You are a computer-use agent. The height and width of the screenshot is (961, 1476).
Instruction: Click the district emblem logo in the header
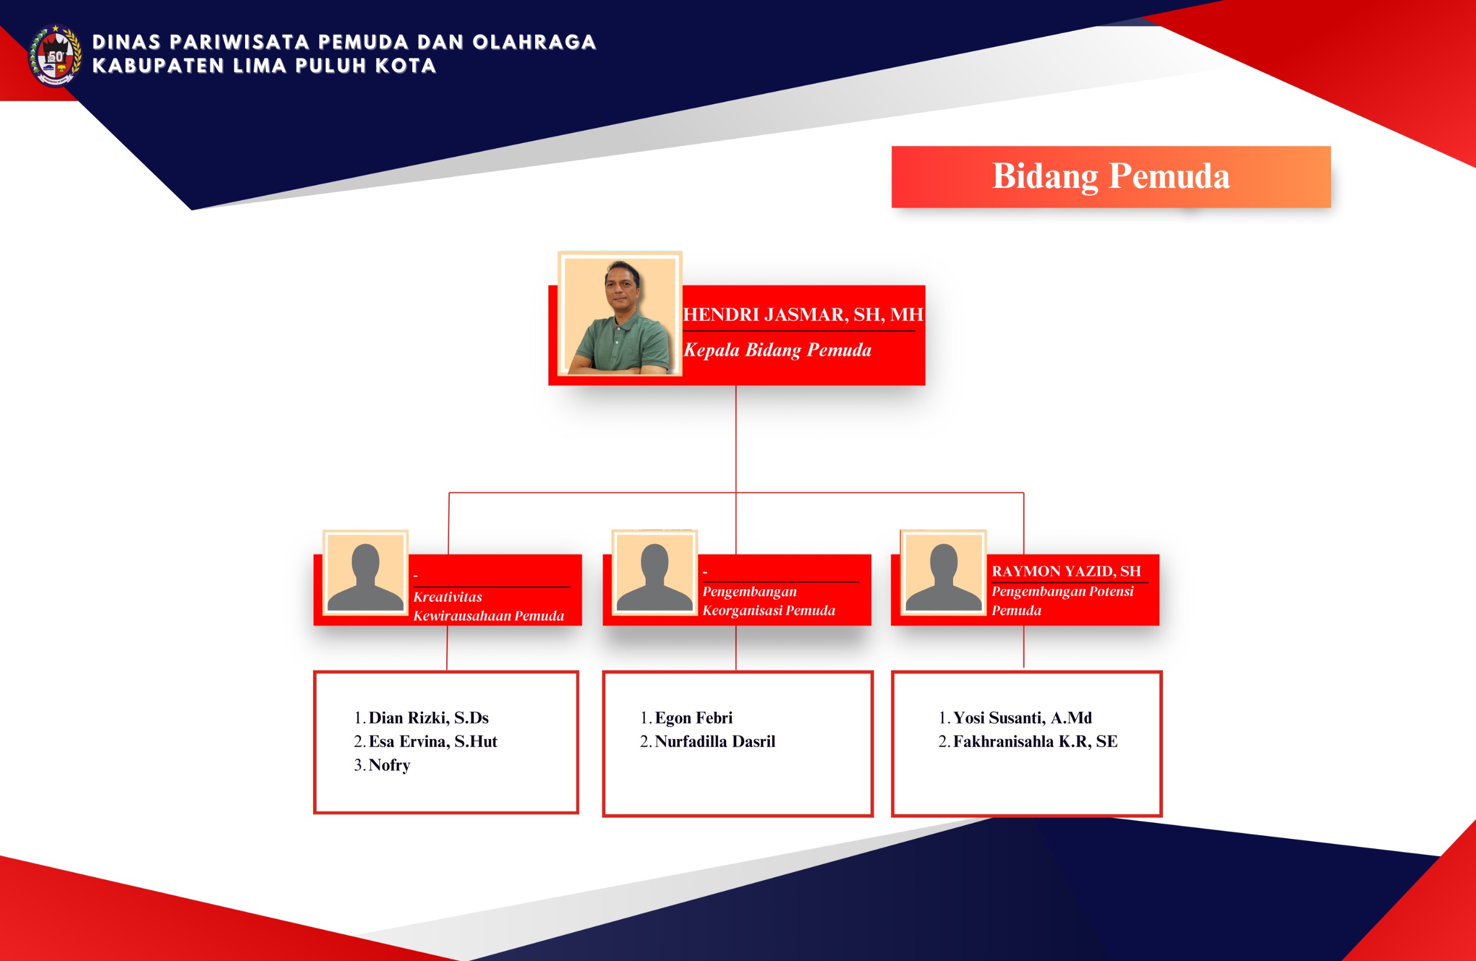click(55, 55)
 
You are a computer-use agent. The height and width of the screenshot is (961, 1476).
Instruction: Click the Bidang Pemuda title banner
click(1110, 177)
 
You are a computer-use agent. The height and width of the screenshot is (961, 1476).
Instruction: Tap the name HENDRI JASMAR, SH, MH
click(803, 314)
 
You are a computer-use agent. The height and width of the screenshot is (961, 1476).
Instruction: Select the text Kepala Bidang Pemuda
click(777, 350)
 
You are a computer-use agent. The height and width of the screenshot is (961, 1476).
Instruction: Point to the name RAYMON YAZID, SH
click(1066, 571)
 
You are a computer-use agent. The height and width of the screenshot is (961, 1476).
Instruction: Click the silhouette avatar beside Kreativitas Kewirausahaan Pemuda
click(366, 573)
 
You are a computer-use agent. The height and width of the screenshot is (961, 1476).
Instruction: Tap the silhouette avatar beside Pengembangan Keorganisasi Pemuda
click(654, 573)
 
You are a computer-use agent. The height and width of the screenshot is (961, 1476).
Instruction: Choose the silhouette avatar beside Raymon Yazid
click(943, 573)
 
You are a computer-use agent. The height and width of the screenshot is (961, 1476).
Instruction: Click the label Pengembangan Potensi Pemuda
click(1063, 601)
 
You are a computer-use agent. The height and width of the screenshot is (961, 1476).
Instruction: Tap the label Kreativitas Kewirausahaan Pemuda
click(489, 606)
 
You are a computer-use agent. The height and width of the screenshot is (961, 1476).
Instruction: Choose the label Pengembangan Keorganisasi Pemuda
click(769, 601)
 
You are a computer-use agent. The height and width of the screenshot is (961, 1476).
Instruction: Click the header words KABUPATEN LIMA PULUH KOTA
click(264, 66)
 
